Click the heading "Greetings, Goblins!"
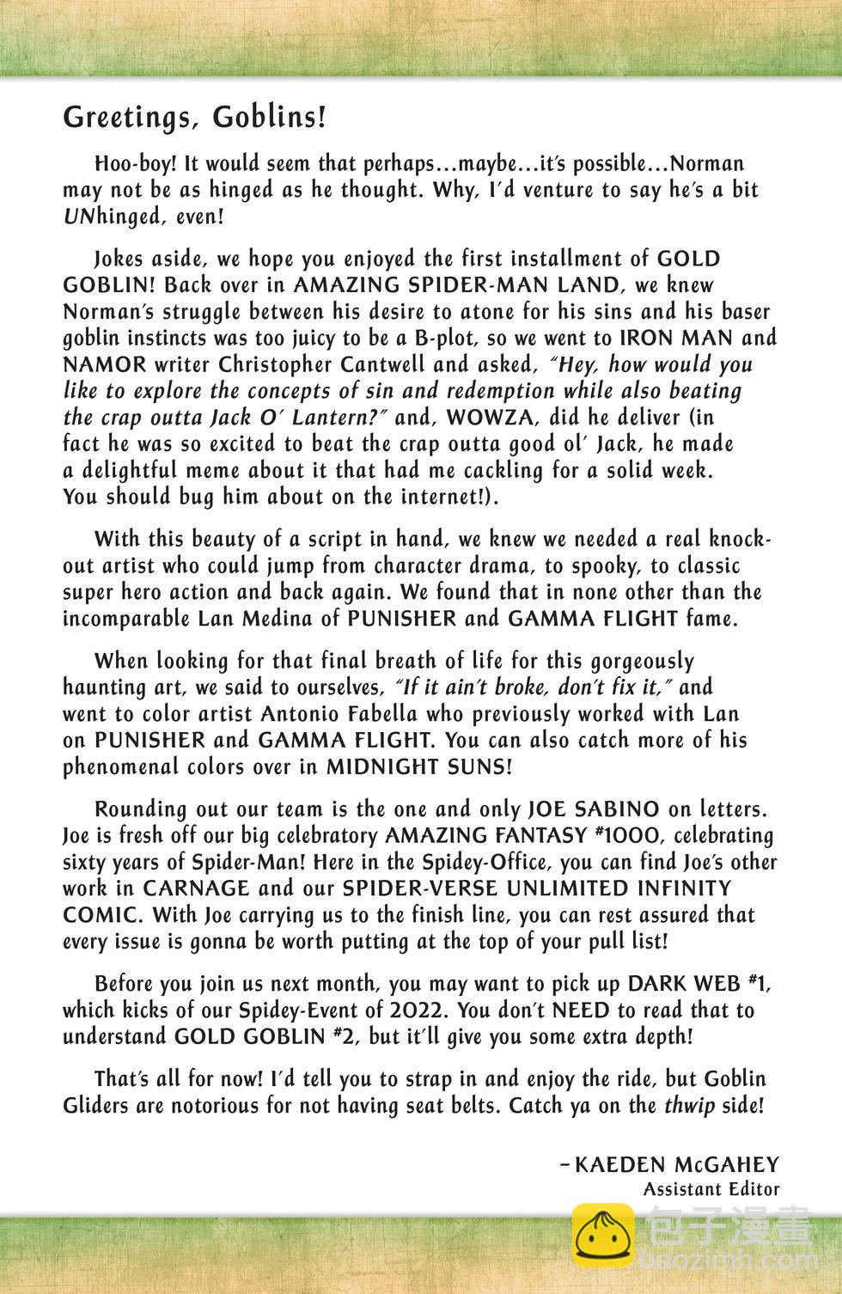[x=194, y=118]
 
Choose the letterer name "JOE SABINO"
[x=593, y=809]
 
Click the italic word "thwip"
[x=690, y=1106]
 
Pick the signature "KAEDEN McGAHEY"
[x=676, y=1165]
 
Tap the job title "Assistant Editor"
[x=711, y=1190]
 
